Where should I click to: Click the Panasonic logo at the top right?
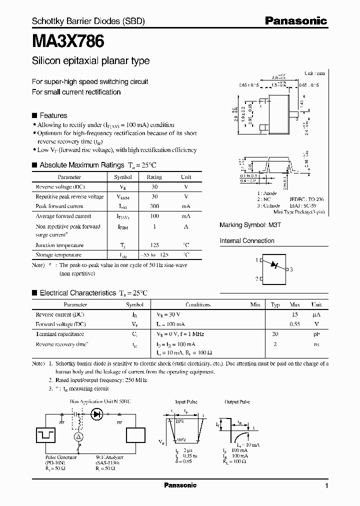click(x=295, y=21)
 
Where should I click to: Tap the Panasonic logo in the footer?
click(x=180, y=485)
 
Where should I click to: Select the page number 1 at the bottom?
click(x=326, y=486)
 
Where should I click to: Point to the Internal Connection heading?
click(x=247, y=241)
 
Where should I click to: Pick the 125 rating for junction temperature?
click(x=154, y=245)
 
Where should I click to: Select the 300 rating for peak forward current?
click(x=154, y=206)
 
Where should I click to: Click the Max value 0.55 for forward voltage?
click(x=294, y=324)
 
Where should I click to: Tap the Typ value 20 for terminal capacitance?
click(x=274, y=334)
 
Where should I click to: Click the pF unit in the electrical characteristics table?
click(x=316, y=334)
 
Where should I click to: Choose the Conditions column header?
click(x=198, y=304)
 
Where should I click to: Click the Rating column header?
click(x=154, y=177)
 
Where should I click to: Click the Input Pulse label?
click(x=186, y=402)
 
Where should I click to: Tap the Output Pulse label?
click(x=238, y=402)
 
